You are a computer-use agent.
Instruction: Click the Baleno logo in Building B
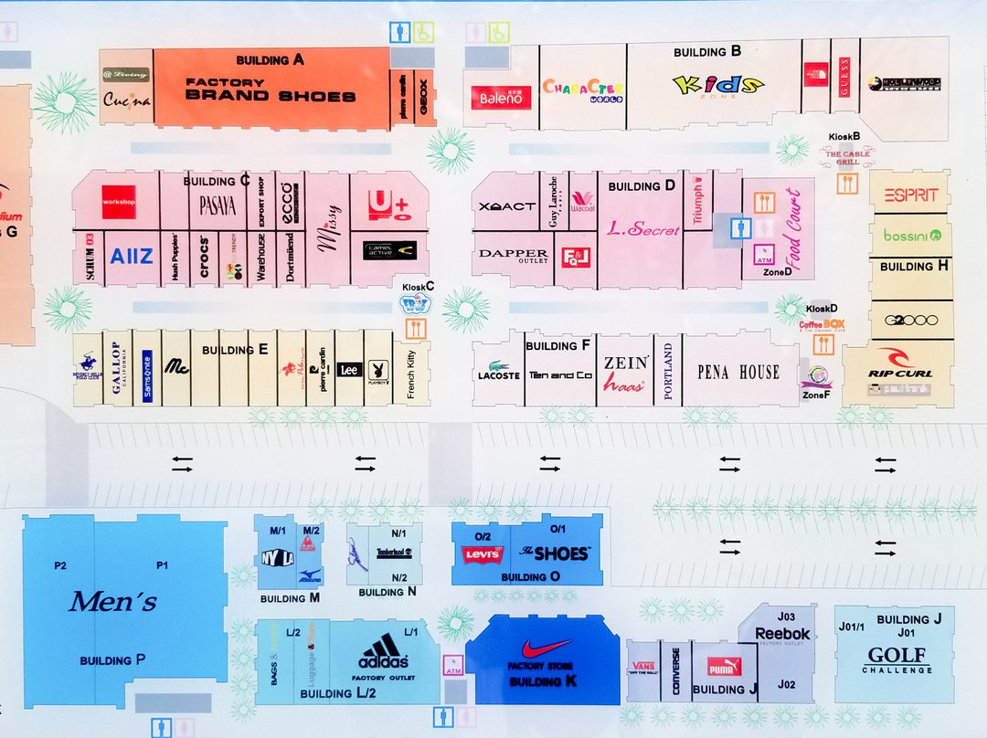click(501, 98)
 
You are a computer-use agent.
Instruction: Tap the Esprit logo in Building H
click(909, 195)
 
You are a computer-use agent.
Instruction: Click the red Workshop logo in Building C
click(119, 202)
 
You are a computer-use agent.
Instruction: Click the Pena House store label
click(738, 372)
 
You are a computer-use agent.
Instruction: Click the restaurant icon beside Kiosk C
click(416, 328)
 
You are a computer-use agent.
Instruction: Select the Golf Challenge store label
click(897, 659)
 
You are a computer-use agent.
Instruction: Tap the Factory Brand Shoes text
click(271, 90)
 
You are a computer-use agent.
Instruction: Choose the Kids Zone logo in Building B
click(717, 86)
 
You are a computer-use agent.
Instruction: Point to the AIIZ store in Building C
click(132, 257)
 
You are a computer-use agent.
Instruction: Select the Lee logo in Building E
click(347, 370)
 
